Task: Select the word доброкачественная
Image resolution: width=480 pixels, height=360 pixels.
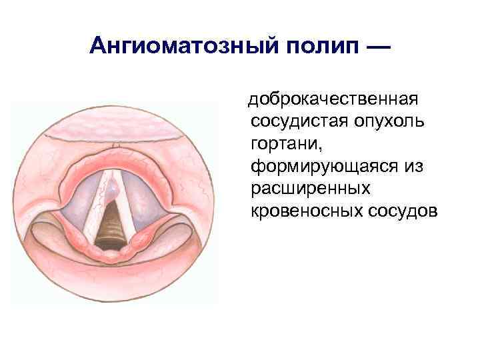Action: click(333, 100)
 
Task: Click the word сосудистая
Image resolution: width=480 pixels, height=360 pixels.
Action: click(300, 122)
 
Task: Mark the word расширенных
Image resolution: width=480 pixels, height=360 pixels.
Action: click(310, 189)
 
